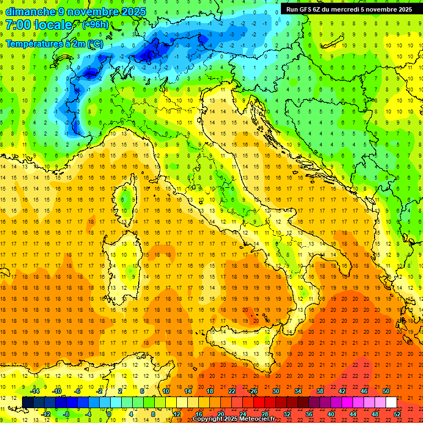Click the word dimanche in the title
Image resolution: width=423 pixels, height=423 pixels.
[30, 12]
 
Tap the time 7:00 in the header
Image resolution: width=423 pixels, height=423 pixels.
[18, 25]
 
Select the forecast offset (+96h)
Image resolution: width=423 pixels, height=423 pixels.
[95, 25]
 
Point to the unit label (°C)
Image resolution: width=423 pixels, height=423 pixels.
[94, 44]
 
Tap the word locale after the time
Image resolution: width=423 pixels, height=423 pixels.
[53, 25]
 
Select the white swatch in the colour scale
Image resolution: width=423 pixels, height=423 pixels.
[391, 402]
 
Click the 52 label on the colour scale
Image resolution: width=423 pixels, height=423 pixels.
[397, 414]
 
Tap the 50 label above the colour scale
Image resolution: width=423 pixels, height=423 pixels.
[386, 391]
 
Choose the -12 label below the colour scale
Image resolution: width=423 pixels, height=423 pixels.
[46, 414]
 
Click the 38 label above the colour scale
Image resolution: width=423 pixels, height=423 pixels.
[319, 391]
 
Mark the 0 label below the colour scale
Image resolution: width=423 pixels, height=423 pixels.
[109, 414]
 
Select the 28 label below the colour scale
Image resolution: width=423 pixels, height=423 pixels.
[265, 414]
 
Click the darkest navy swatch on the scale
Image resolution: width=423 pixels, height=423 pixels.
[28, 402]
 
